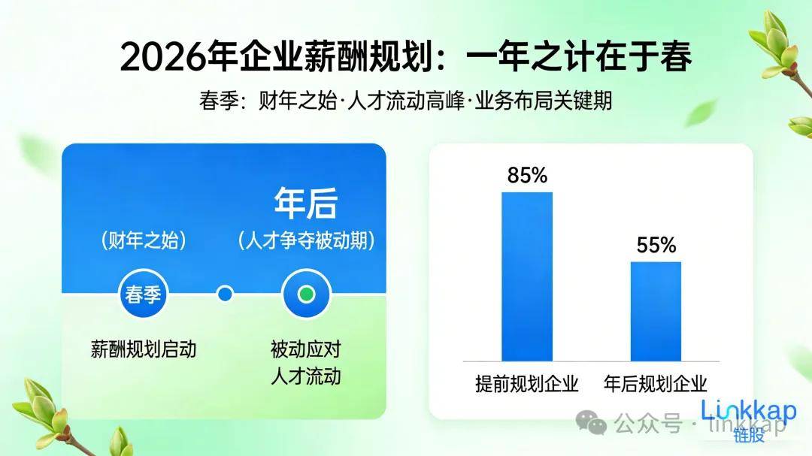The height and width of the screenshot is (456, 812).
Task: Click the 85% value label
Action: tap(527, 176)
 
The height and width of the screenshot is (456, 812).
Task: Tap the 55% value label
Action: tap(656, 245)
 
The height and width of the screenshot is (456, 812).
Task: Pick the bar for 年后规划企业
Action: tap(656, 311)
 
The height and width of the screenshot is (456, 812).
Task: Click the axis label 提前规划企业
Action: tap(527, 384)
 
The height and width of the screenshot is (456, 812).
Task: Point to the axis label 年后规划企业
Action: tap(656, 384)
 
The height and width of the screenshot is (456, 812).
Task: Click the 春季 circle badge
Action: tap(143, 294)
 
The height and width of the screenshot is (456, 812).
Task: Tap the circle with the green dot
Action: tap(305, 294)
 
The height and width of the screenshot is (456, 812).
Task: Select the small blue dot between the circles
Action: tap(224, 294)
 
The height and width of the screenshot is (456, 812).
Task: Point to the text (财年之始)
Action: tap(143, 241)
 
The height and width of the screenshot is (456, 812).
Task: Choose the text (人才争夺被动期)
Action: tap(306, 241)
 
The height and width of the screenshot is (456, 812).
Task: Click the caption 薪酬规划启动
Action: tap(143, 349)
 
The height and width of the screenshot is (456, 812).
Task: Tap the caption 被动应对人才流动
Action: tap(305, 362)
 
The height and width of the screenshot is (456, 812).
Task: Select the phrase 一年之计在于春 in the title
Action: tap(578, 58)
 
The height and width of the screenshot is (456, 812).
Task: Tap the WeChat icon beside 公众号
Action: tap(598, 426)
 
